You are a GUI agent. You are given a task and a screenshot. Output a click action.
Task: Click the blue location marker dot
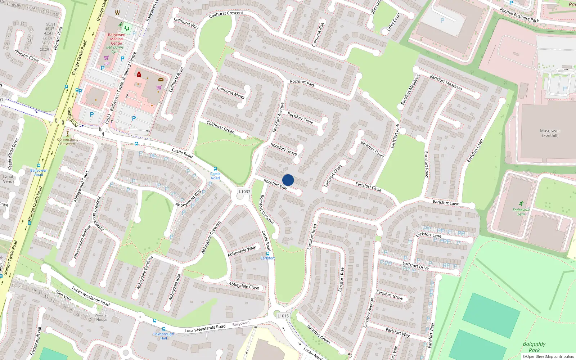(288, 180)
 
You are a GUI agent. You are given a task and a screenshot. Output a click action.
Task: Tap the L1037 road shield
(244, 192)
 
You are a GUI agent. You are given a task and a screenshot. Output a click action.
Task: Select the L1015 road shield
(283, 316)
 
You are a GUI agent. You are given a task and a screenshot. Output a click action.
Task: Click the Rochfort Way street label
(275, 184)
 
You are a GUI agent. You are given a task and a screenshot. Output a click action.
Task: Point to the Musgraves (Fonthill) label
(550, 133)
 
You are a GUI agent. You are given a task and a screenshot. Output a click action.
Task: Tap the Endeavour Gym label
(521, 212)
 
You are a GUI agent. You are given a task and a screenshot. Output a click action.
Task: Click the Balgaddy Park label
(534, 347)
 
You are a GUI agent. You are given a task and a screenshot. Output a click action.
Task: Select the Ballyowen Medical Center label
(117, 39)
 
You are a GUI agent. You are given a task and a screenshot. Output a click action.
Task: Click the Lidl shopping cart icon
(106, 58)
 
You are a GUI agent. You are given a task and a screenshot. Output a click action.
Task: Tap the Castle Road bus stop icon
(215, 169)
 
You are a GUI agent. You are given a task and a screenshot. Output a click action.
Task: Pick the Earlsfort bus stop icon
(267, 253)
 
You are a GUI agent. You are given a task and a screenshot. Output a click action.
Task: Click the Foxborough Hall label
(163, 336)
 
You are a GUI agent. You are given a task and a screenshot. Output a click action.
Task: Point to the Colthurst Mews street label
(230, 92)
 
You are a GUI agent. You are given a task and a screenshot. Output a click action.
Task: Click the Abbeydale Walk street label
(242, 251)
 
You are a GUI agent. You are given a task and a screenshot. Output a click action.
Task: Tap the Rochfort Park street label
(302, 83)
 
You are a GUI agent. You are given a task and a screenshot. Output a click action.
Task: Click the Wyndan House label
(102, 317)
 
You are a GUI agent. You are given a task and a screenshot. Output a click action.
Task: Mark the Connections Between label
(67, 141)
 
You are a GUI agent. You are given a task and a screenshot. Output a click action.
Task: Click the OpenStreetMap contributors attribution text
(550, 356)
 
